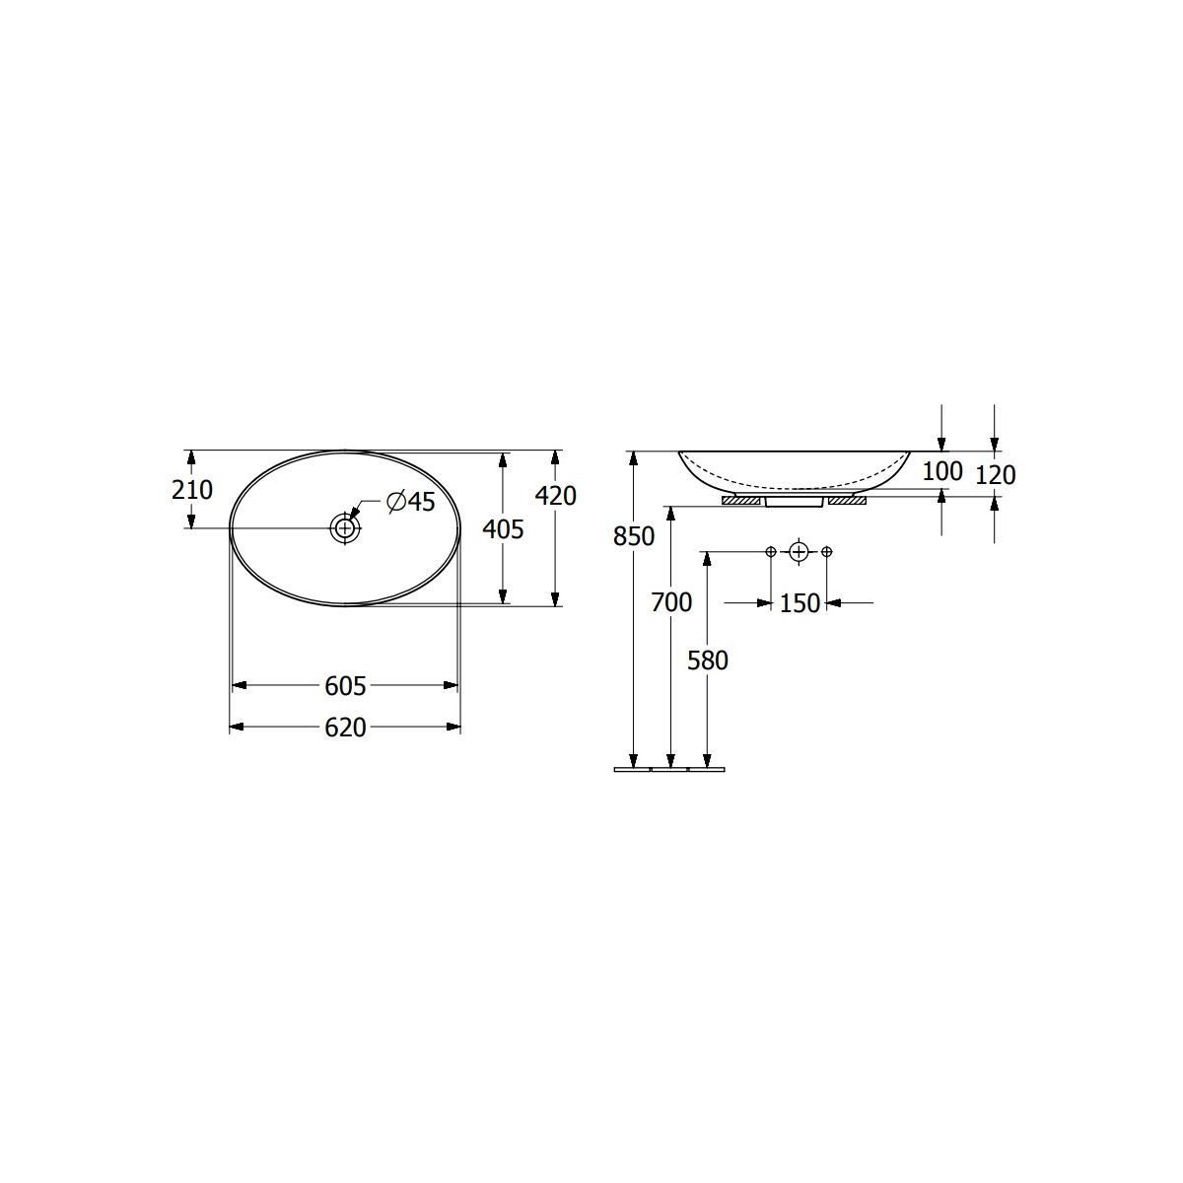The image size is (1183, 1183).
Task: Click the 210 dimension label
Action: point(192,490)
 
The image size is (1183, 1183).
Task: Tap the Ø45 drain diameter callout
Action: point(411,502)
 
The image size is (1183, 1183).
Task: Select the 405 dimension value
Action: point(503,529)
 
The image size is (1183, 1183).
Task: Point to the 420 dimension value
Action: point(556,496)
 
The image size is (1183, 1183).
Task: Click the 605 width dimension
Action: point(345,686)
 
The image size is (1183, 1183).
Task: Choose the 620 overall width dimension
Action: point(345,728)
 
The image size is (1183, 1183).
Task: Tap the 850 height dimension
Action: point(634,536)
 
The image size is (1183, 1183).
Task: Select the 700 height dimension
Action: point(671,603)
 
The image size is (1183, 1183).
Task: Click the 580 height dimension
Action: point(707,661)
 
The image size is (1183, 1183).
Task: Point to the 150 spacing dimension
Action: point(800,603)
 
